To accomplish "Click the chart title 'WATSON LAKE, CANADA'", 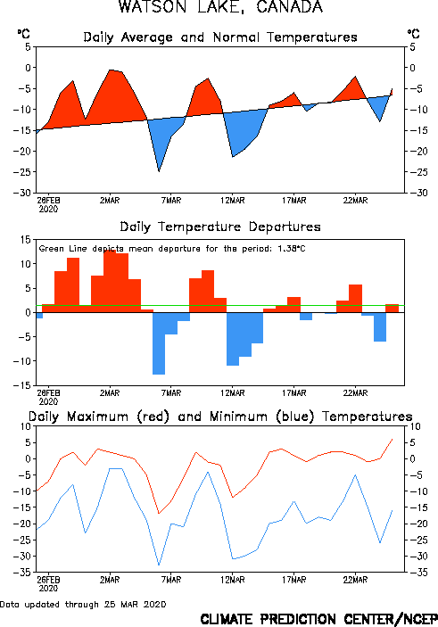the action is coord(220,7).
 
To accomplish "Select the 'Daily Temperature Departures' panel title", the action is coord(220,227).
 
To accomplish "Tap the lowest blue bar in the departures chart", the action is coord(159,343).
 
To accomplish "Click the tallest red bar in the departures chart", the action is coord(110,282).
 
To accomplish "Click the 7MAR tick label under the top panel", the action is coord(171,201).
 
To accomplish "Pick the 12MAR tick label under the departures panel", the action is coord(233,393).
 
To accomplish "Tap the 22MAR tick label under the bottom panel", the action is coord(355,580).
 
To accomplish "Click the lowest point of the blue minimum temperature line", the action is coord(159,565).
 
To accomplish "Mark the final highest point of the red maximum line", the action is coord(392,439).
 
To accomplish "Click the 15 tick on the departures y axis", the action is coord(26,240).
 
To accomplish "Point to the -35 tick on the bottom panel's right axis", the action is coord(418,573).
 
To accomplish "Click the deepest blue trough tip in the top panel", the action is coord(159,171).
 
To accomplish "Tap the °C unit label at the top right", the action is coord(414,34).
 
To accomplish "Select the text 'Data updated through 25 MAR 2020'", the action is coord(83,604).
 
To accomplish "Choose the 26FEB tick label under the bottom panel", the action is coord(48,580).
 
